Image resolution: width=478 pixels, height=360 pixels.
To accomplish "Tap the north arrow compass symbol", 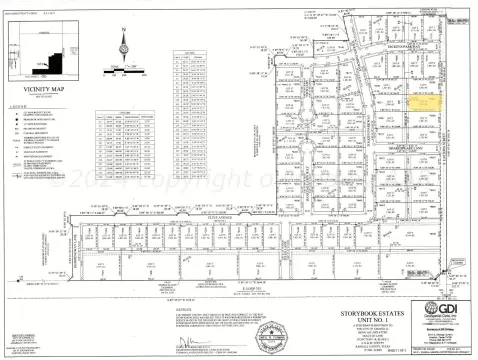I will (124, 46).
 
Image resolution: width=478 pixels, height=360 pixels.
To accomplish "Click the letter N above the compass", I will (124, 29).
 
